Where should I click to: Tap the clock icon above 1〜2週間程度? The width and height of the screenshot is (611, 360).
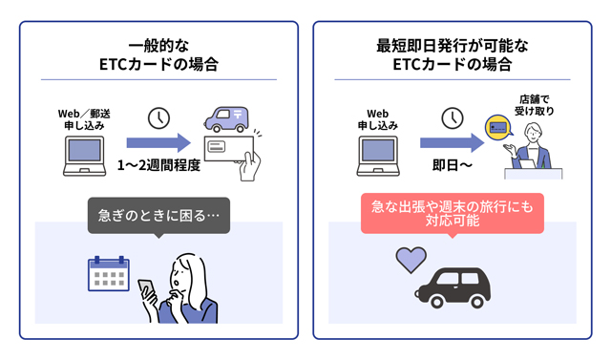tap(159, 118)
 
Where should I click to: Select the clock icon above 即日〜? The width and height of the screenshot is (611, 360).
tap(453, 118)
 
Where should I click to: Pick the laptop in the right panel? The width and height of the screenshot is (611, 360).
tap(376, 153)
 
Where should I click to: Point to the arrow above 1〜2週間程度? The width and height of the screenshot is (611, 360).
tap(158, 143)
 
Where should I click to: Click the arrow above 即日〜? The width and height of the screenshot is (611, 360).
tap(453, 143)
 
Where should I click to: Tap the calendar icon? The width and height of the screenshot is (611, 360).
tap(108, 273)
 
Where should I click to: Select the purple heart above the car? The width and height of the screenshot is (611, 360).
tap(411, 258)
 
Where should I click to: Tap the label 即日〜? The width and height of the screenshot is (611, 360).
tap(452, 165)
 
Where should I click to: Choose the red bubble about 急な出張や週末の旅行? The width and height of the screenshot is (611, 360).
tap(452, 213)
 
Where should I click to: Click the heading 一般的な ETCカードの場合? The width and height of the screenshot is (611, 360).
tap(158, 55)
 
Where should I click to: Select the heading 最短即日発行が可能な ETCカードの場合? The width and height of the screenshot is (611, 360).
tap(452, 55)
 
